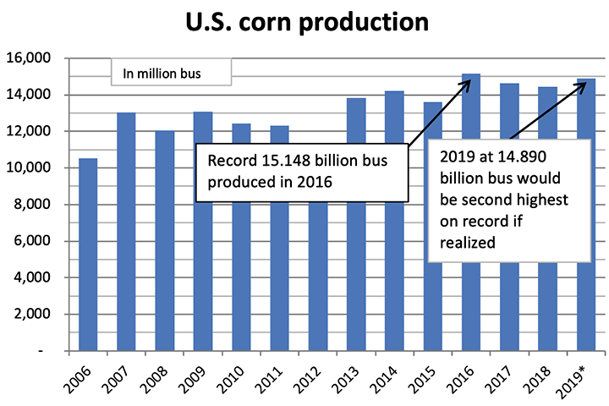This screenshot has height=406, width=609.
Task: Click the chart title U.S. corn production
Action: tap(308, 24)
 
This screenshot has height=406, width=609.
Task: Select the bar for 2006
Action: tap(88, 254)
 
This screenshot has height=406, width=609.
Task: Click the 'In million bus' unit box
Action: tap(170, 73)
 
